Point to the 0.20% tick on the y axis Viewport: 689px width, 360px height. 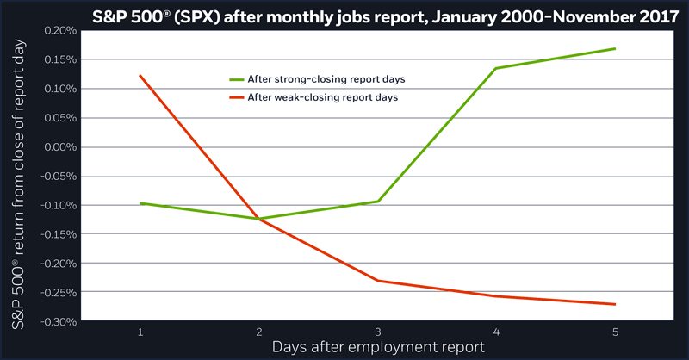tap(59, 30)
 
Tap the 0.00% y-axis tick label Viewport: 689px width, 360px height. tap(59, 147)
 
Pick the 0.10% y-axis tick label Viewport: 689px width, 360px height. tap(59, 89)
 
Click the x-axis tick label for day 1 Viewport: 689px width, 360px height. tap(140, 331)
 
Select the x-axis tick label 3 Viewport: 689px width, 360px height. tap(378, 331)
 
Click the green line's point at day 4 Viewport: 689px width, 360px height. tap(497, 68)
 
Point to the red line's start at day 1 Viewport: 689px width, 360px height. tap(140, 76)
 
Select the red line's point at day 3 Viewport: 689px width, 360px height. tap(378, 281)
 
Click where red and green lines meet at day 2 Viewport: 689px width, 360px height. tap(258, 219)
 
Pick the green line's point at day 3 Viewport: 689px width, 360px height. tap(378, 202)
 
